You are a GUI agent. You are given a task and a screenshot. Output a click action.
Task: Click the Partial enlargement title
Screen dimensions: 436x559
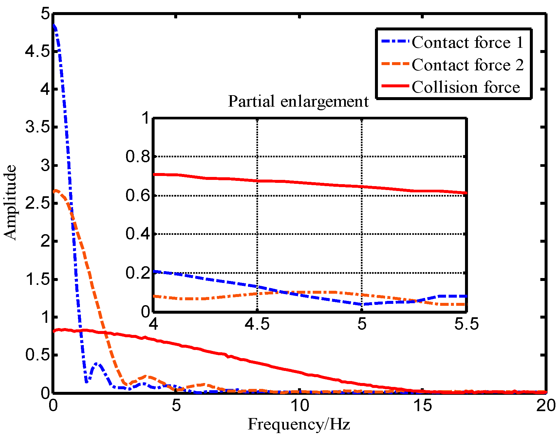pos(298,101)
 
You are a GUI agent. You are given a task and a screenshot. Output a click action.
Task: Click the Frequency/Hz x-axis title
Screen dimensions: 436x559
pos(299,425)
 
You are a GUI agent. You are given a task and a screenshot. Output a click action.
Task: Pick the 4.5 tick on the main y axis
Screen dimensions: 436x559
pos(37,52)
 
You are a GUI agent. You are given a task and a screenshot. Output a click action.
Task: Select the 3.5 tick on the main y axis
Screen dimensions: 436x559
pos(37,127)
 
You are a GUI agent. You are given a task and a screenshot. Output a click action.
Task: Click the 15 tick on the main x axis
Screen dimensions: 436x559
pos(422,406)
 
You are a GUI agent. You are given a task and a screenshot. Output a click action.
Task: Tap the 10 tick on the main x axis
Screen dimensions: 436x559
pos(300,406)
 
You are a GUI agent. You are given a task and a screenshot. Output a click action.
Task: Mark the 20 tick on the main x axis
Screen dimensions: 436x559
pos(546,406)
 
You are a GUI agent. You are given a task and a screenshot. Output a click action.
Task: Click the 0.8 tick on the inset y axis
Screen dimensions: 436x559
pos(138,157)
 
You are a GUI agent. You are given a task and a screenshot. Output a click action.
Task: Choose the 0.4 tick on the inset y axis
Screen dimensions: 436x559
pos(138,234)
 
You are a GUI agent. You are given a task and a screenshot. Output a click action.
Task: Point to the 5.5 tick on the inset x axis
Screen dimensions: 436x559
pos(466,324)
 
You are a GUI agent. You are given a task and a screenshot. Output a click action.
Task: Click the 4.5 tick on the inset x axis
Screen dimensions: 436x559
pos(257,324)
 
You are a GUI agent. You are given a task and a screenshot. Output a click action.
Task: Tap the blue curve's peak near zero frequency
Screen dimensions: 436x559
pos(54,26)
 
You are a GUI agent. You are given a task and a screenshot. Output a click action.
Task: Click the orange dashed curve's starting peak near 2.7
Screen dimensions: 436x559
pos(56,190)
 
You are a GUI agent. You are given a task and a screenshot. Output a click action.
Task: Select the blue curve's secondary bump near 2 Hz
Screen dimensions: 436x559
pos(97,363)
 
